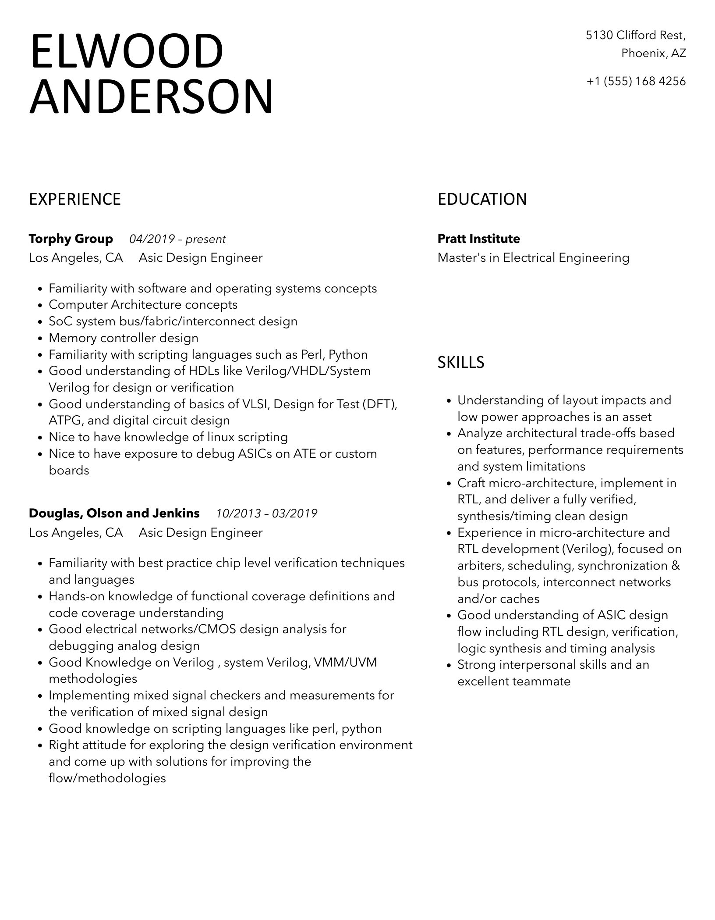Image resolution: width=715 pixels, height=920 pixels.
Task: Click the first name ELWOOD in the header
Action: click(127, 52)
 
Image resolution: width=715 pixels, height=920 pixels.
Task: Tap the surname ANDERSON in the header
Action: click(151, 97)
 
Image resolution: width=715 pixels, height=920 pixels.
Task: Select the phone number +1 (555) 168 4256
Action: click(636, 81)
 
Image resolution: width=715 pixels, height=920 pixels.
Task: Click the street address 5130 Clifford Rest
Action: click(636, 35)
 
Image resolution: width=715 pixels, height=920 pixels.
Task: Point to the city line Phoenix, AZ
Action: click(653, 53)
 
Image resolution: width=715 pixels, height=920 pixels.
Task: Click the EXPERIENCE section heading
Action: click(74, 200)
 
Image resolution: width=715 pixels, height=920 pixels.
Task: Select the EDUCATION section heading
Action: click(482, 200)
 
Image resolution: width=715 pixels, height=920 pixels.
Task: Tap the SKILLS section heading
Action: click(461, 363)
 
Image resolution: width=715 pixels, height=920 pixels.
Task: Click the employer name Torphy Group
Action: click(71, 239)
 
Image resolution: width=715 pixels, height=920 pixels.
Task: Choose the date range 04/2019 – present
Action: click(177, 239)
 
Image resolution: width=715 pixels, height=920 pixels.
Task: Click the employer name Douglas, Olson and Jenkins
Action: click(114, 513)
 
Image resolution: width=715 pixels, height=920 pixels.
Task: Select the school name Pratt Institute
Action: click(478, 239)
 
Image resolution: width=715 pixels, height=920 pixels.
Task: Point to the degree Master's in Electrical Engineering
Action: click(533, 258)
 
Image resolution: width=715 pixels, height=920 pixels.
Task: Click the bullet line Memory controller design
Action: click(124, 338)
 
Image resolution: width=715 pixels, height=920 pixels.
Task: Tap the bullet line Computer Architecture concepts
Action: click(143, 305)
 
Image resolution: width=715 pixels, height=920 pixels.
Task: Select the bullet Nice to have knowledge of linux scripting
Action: click(168, 437)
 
